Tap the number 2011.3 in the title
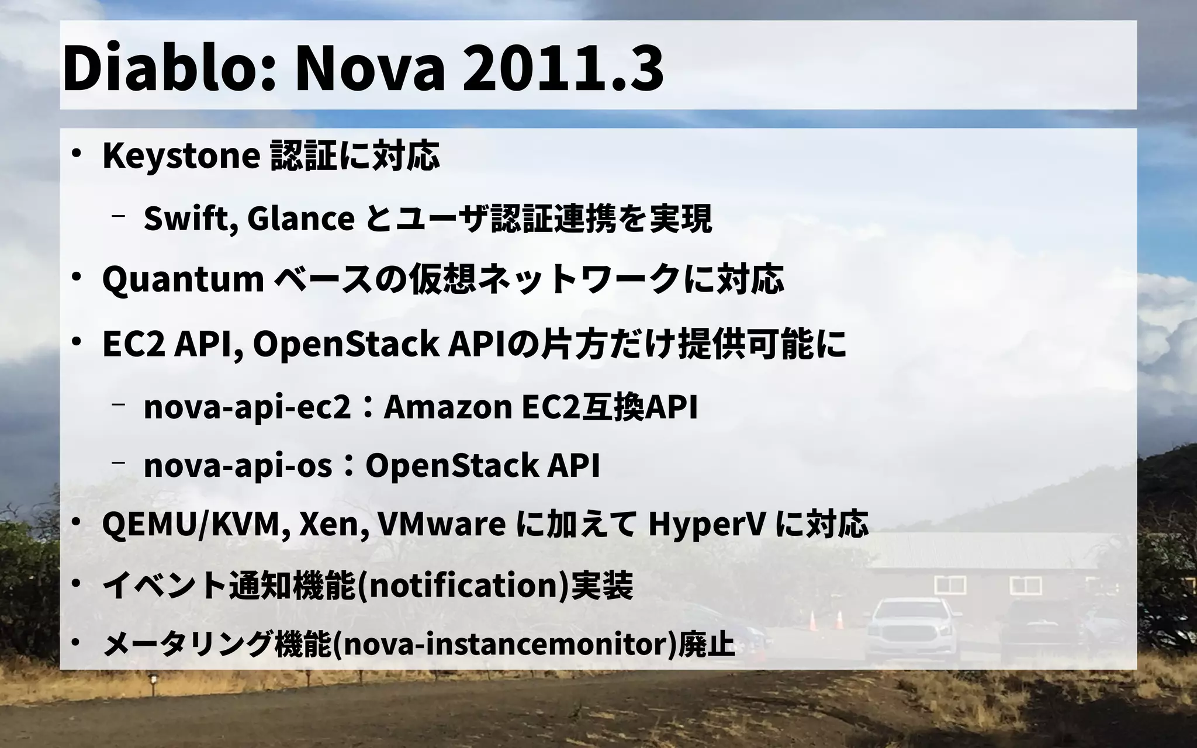[562, 68]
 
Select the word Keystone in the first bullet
[181, 156]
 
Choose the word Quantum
[183, 280]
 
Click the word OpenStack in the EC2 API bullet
[345, 344]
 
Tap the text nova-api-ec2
[247, 407]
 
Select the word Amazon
[448, 407]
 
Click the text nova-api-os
[238, 466]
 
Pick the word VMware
[441, 525]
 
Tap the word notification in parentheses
[462, 586]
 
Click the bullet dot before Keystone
[75, 154]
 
